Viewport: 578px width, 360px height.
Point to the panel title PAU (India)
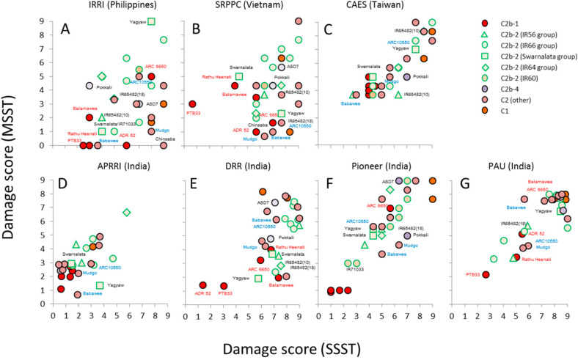point(512,183)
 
